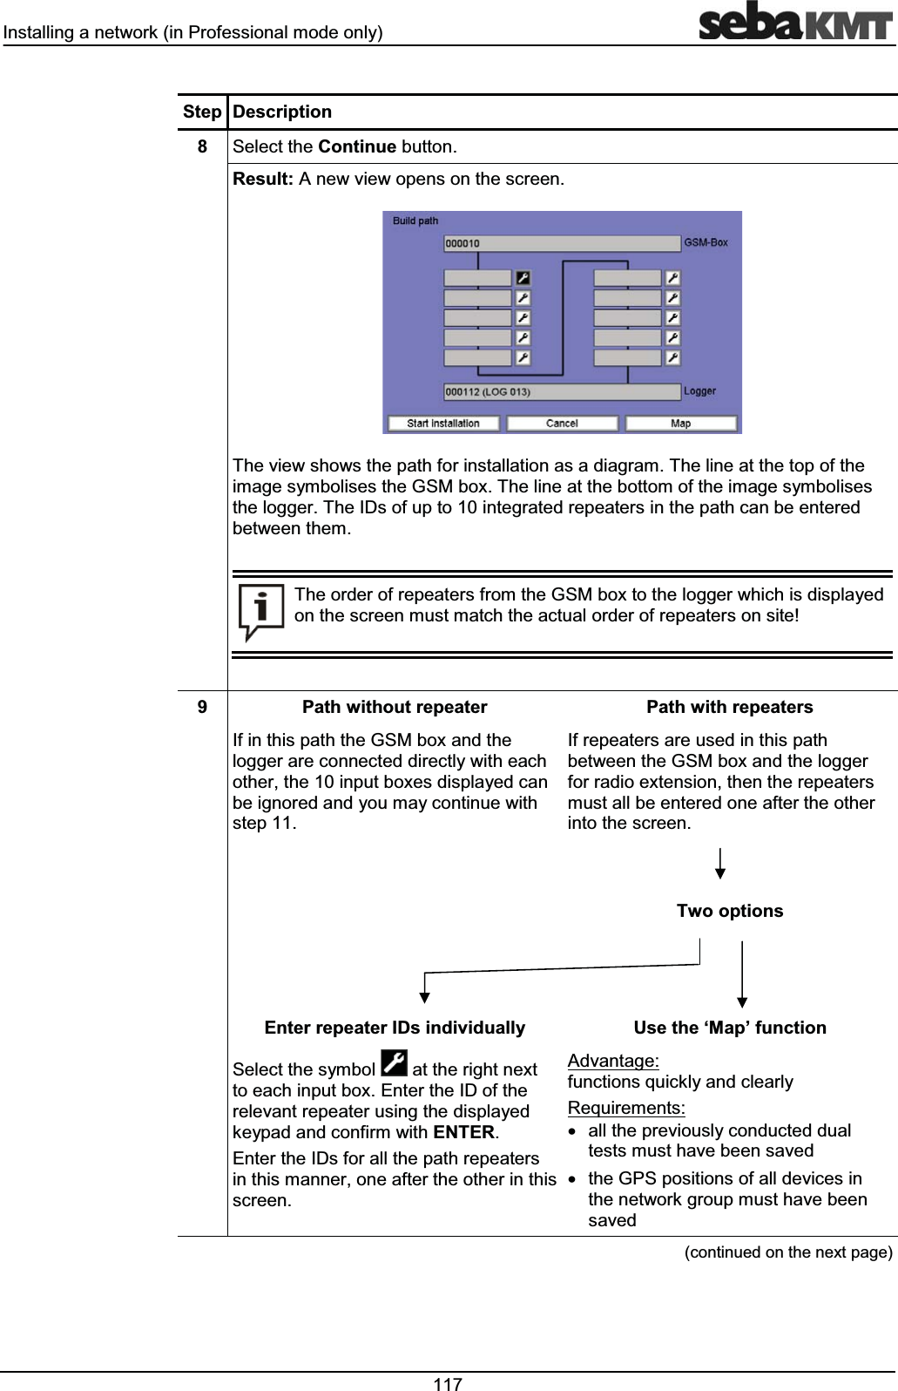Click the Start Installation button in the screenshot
(x=442, y=424)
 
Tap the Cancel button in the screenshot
(x=562, y=424)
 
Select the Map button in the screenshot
(x=681, y=424)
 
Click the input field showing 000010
(x=562, y=244)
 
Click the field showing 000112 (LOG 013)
(x=562, y=392)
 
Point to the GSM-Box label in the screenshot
(x=706, y=243)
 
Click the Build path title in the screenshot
(x=415, y=221)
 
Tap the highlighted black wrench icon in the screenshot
(x=523, y=278)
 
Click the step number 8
(x=202, y=146)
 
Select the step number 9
(x=202, y=707)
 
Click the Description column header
(x=282, y=112)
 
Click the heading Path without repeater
(x=395, y=707)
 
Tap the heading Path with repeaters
(x=729, y=707)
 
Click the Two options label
(x=730, y=911)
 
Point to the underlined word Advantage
(x=612, y=1061)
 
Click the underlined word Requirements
(x=625, y=1109)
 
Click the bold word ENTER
(x=463, y=1133)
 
